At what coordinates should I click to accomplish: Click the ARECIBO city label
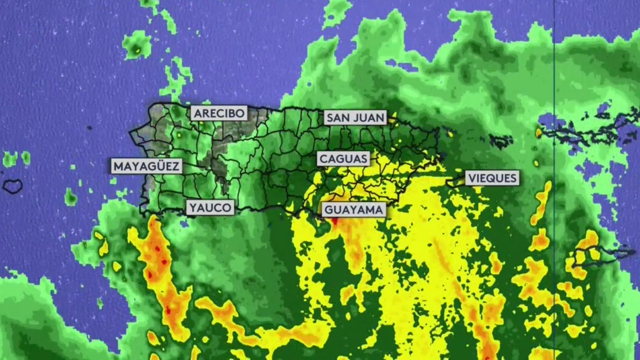point(219,113)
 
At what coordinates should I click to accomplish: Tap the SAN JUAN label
point(355,118)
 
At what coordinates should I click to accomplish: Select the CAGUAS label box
point(343,159)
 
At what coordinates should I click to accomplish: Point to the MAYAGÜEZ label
point(147,166)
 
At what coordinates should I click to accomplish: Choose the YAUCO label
point(210,208)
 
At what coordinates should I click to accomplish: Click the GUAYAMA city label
point(353,210)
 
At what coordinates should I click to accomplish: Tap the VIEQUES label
point(492,178)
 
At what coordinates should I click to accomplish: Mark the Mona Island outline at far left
point(13,186)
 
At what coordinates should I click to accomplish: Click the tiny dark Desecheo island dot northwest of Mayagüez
point(89,128)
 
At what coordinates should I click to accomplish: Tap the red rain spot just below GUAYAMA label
point(335,221)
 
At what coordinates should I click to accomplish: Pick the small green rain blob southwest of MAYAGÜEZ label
point(71,197)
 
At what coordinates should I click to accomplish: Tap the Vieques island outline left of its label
point(455,182)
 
